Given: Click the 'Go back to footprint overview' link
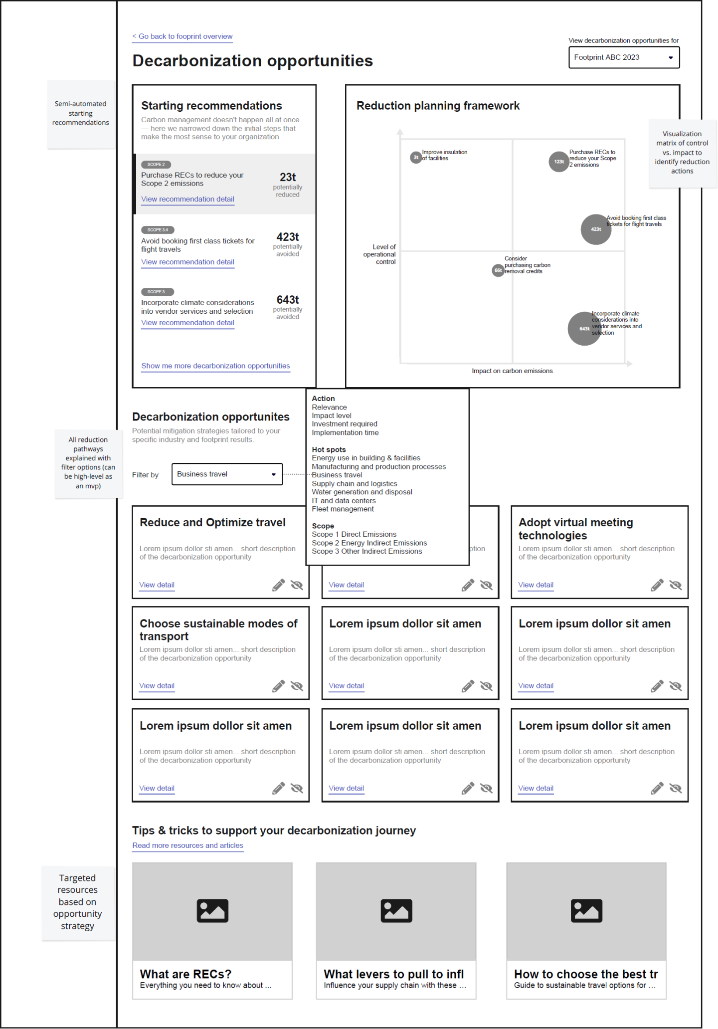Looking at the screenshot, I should click(182, 36).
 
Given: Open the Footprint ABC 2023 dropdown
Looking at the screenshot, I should click(623, 57).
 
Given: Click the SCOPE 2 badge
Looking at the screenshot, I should click(156, 165).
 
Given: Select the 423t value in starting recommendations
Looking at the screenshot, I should click(288, 237).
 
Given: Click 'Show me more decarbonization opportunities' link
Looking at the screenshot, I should click(215, 366).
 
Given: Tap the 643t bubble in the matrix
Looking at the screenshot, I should click(584, 329).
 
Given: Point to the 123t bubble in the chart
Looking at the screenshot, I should click(559, 162).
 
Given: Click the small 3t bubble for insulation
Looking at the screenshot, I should click(416, 158).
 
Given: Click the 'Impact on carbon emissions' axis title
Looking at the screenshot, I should click(512, 371).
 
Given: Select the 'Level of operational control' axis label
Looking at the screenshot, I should click(380, 254).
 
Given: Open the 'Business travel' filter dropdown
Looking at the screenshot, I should click(227, 474).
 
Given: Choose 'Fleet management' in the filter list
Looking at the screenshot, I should click(343, 509).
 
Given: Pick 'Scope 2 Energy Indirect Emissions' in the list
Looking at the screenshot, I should click(369, 543).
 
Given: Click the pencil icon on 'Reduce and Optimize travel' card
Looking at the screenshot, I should click(278, 585).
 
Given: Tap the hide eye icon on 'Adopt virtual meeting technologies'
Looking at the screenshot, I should click(675, 585).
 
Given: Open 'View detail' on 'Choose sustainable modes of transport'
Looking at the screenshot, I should click(157, 686).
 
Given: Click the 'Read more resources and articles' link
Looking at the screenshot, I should click(187, 845).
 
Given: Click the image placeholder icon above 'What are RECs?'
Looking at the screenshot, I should click(212, 911).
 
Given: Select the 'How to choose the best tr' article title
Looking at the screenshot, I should click(586, 974).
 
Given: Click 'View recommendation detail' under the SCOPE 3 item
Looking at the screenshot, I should click(187, 323).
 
